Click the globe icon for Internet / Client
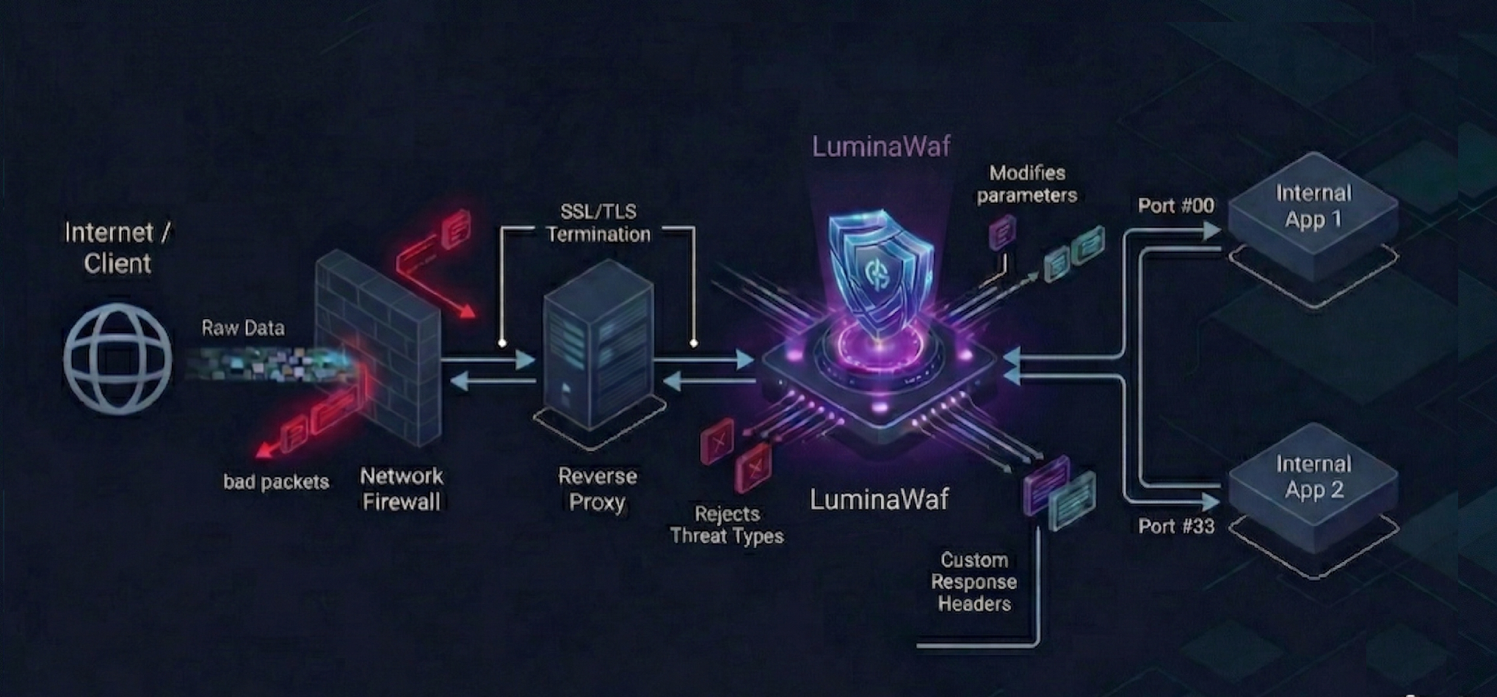click(117, 359)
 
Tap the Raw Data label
click(243, 328)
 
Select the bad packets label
click(276, 482)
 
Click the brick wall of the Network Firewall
click(378, 345)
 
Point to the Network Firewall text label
click(402, 489)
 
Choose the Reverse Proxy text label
click(597, 489)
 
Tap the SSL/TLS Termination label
click(598, 223)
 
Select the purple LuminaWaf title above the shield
click(881, 147)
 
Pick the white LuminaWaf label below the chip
click(879, 500)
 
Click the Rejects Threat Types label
click(727, 525)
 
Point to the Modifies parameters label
click(1027, 184)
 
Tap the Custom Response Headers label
click(974, 582)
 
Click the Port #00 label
click(1175, 206)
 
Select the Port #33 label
click(1176, 526)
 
